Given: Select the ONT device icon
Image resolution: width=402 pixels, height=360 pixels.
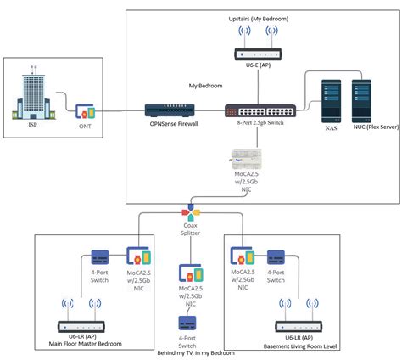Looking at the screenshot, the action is [85, 111].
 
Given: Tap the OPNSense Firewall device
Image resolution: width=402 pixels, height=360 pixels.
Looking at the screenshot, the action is [170, 110].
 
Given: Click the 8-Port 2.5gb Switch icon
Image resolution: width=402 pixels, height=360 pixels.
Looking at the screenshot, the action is [260, 110].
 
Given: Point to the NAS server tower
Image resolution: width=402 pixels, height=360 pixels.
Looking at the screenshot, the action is [331, 101].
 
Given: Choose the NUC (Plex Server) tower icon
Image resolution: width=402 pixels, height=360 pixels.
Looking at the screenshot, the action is [361, 101].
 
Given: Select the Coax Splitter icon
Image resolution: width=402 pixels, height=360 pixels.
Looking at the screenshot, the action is [191, 212].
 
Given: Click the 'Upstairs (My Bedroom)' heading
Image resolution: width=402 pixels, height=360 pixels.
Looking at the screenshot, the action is [259, 19].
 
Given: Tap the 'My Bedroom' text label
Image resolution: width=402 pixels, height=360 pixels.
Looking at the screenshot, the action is [205, 86].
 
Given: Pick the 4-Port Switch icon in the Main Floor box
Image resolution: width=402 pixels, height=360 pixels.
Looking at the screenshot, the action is [100, 257].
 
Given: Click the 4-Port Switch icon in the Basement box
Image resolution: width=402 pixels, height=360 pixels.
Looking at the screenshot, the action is [276, 257].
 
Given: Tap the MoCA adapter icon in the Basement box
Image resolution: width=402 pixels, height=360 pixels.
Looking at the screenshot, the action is [243, 256].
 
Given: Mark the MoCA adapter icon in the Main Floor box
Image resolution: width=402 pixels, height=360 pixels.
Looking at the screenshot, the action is [138, 256].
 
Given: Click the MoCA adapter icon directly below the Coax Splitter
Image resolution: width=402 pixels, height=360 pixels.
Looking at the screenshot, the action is [191, 273].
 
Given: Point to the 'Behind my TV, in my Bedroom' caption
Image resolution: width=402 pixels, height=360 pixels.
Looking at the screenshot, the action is [196, 353].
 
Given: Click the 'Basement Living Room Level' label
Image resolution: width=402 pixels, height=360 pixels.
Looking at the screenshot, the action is [300, 346].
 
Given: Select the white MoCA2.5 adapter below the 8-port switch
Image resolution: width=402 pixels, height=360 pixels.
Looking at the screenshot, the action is [246, 159].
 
